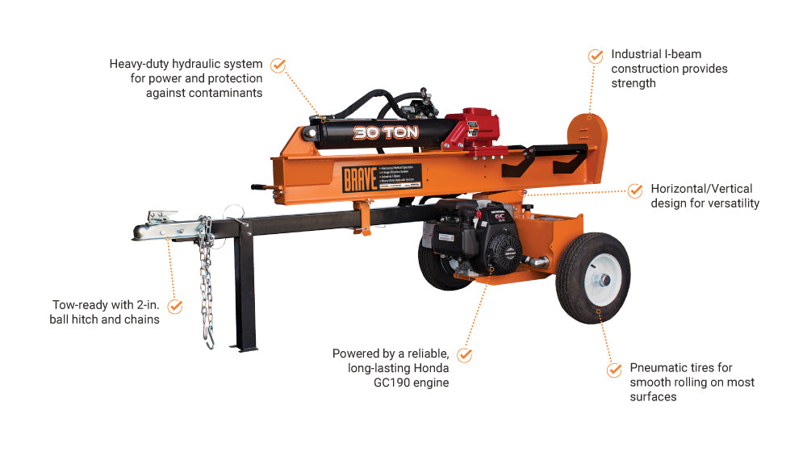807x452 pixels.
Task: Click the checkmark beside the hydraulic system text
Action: click(278, 65)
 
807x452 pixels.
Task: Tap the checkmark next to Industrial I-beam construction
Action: click(596, 56)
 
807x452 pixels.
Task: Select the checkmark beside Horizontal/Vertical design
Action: click(635, 190)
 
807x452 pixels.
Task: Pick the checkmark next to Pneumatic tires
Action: click(614, 370)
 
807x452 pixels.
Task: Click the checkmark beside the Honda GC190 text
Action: click(464, 354)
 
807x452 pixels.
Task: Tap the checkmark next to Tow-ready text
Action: click(174, 307)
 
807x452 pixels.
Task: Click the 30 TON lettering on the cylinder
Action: click(386, 132)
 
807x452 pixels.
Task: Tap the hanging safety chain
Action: click(207, 282)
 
